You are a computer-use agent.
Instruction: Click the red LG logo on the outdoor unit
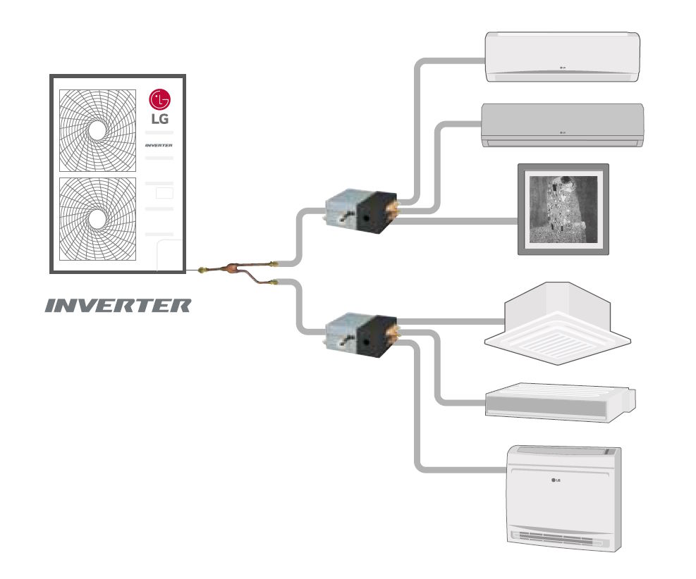coord(159,100)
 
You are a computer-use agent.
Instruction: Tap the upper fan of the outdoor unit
coord(97,130)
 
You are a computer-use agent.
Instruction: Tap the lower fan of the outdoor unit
coord(97,218)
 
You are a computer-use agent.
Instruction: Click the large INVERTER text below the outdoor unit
coord(118,306)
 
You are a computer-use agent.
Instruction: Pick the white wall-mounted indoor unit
coord(562,56)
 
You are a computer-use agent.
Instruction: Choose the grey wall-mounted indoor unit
coord(562,125)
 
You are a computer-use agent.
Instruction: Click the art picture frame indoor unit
coord(563,208)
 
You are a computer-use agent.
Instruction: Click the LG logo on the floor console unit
coord(556,482)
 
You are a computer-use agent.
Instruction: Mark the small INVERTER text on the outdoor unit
coord(159,146)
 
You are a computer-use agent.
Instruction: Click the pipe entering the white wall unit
coord(451,62)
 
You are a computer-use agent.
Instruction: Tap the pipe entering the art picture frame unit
coord(458,221)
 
